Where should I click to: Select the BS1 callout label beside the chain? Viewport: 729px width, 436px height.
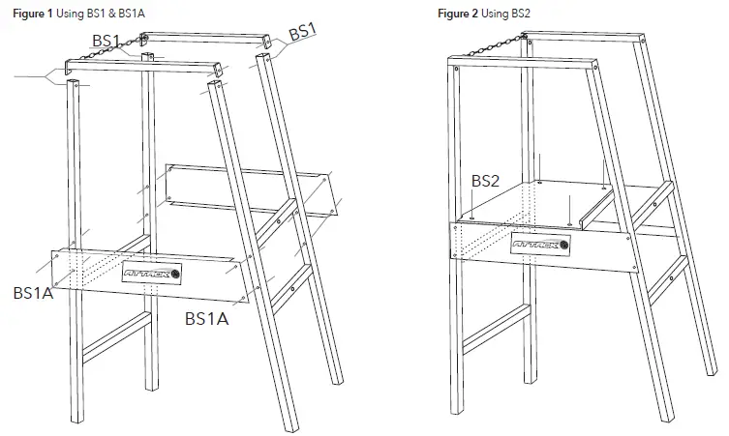click(106, 40)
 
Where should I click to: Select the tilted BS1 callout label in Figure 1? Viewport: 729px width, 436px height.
click(303, 32)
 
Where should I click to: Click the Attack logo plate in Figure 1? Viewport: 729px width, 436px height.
click(152, 275)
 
